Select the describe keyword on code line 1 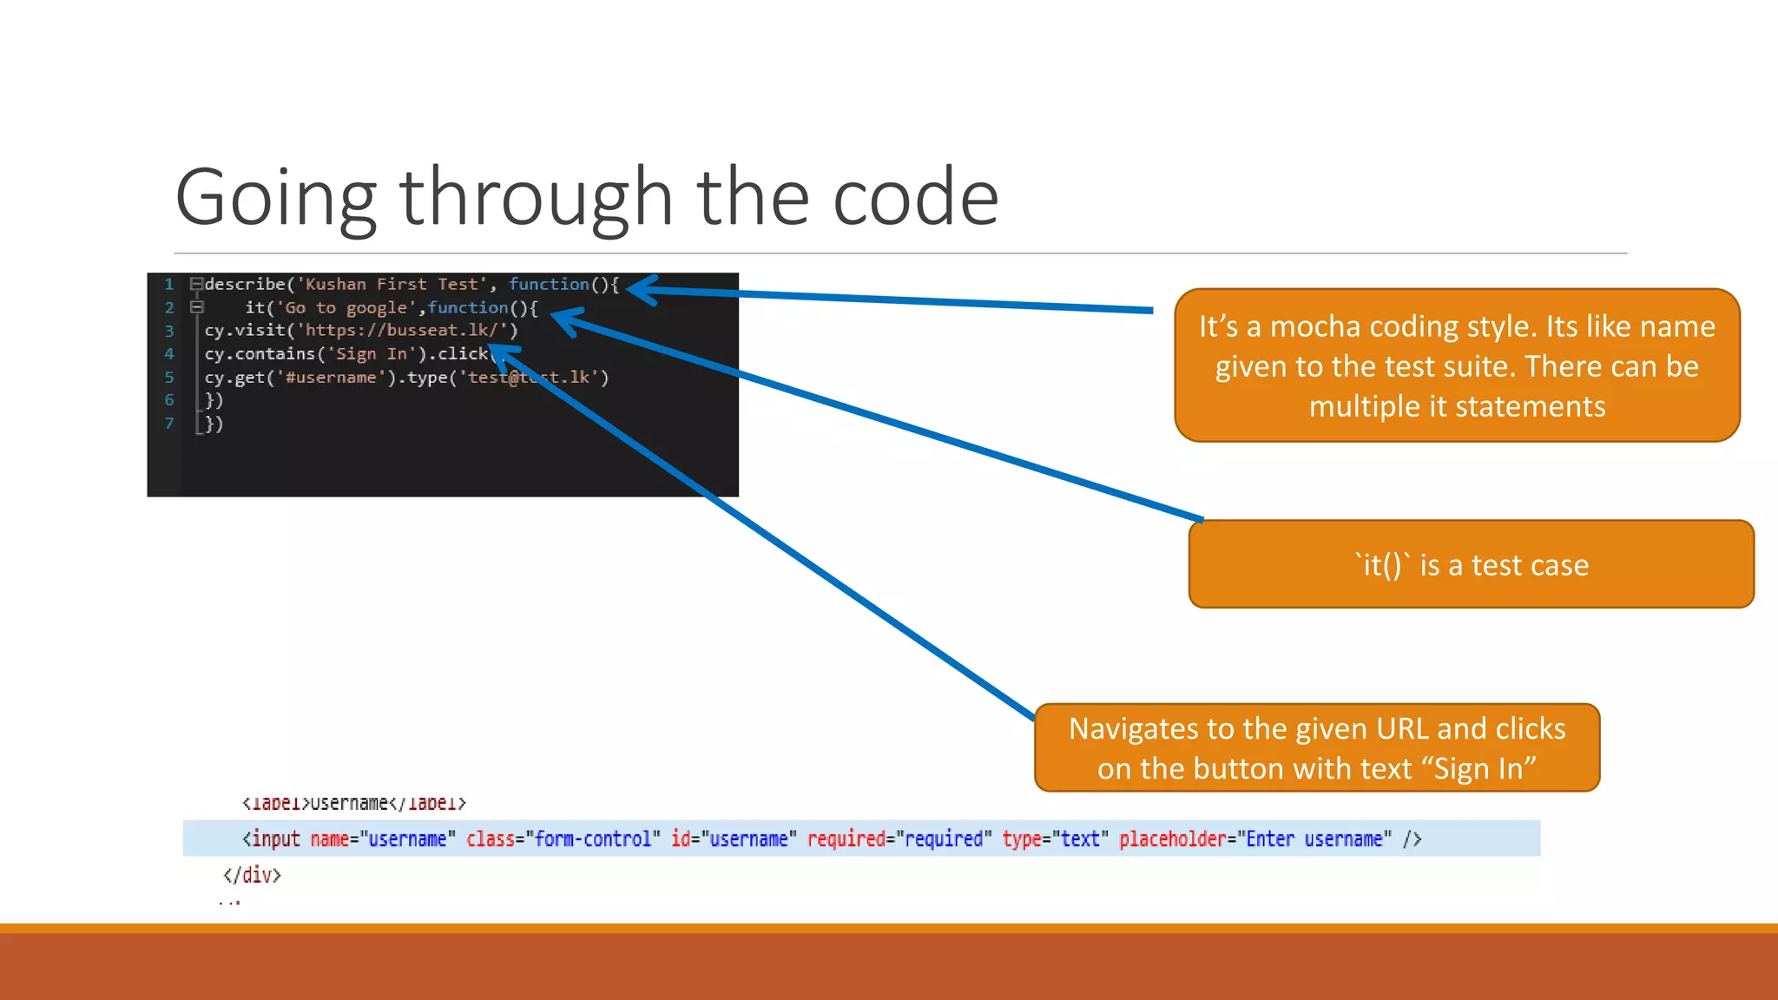pos(245,284)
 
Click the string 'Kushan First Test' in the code pos(391,284)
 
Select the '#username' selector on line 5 pos(330,377)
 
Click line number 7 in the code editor pos(169,424)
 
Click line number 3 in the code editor pos(169,331)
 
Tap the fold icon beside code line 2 pos(197,307)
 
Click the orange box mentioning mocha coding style pos(1457,365)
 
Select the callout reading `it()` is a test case pos(1471,564)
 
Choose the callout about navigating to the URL pos(1316,747)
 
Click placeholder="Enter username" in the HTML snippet pos(1254,839)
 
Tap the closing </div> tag pos(252,874)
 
